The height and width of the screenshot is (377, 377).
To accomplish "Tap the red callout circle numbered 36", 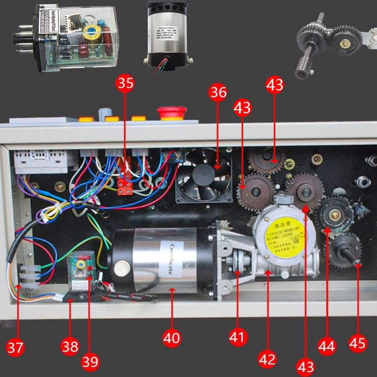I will (218, 92).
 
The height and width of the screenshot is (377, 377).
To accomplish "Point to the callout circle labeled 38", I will (70, 346).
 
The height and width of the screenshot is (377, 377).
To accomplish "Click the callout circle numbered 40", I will (171, 338).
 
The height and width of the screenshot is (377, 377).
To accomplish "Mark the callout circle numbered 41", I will (238, 337).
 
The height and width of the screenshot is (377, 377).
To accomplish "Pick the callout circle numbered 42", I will (267, 359).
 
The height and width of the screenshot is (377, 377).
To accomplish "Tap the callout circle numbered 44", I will (327, 346).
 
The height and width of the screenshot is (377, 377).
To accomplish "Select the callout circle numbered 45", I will (357, 343).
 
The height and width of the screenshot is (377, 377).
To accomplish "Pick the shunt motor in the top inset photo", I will (167, 37).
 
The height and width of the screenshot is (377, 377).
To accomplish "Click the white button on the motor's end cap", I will (120, 269).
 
